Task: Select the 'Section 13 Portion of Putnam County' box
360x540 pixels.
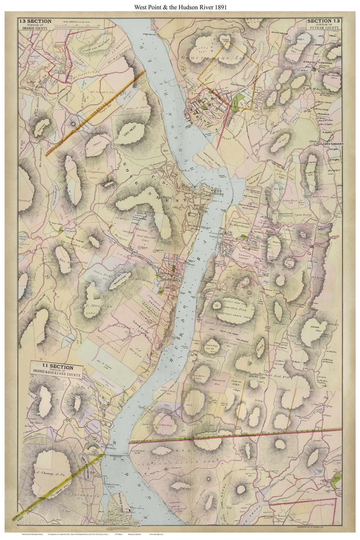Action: [324, 25]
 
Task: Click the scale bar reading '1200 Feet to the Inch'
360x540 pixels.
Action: [79, 24]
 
